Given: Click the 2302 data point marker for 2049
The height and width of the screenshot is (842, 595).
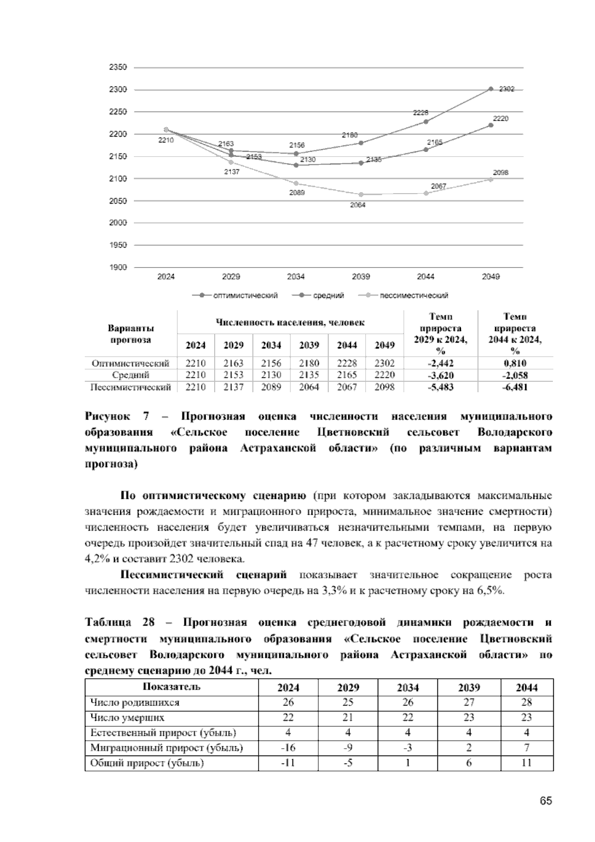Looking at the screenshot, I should tap(490, 89).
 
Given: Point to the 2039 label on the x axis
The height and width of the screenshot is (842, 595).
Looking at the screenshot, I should tap(360, 277).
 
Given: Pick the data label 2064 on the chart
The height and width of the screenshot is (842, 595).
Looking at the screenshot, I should tap(357, 205).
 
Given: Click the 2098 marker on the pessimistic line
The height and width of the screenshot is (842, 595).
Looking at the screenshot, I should tap(490, 179).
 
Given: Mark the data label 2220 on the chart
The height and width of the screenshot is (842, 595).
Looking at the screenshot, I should tap(500, 119).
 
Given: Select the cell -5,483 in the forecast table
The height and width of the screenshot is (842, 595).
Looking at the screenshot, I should tap(440, 387).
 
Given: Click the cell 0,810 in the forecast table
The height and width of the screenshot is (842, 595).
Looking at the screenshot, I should tap(515, 363).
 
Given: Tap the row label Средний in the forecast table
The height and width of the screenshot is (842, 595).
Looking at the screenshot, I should tap(131, 375).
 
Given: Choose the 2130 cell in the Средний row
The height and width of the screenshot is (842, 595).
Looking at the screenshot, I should tap(271, 375).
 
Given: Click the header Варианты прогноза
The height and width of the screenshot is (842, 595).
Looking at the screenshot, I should tap(131, 334).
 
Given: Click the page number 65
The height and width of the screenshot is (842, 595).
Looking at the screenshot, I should tap(545, 801).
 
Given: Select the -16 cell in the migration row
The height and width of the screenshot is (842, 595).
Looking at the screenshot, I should tap(288, 748).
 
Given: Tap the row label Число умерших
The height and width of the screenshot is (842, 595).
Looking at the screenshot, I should tap(127, 717).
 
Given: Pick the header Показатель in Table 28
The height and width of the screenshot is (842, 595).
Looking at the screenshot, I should tap(172, 687).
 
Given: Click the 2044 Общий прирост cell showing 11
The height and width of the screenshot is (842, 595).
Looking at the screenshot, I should tap(527, 763).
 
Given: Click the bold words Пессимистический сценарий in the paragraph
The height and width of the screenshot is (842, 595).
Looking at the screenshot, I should tap(204, 575).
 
